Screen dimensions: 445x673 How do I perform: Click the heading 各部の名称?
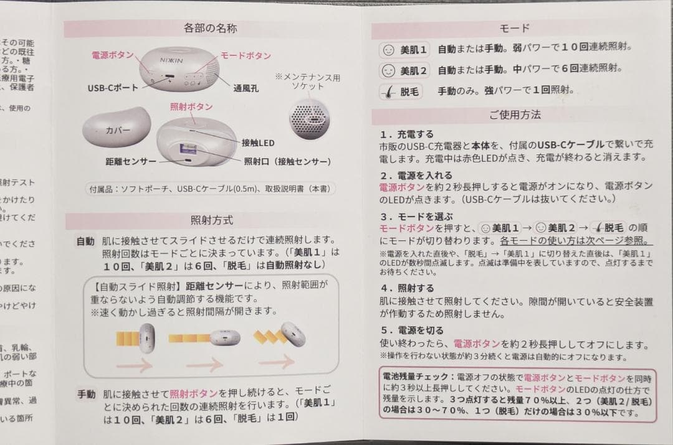tap(210, 28)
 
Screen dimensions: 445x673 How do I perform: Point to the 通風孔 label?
tap(247, 88)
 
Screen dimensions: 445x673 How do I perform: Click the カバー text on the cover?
tap(119, 130)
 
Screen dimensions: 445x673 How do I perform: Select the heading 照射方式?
tap(212, 220)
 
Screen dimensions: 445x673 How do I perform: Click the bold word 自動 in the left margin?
tap(86, 240)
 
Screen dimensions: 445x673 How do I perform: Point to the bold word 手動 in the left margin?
tap(86, 393)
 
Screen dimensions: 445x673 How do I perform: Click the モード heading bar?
tap(515, 28)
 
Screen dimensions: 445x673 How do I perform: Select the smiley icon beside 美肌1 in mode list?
tap(388, 49)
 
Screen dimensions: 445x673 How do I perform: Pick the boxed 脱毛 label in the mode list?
tap(401, 91)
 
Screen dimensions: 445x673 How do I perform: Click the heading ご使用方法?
tap(515, 115)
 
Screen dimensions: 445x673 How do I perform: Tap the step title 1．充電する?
tap(408, 134)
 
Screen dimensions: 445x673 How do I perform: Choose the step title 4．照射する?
tap(408, 288)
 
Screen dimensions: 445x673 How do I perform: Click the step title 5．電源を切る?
tap(412, 331)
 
